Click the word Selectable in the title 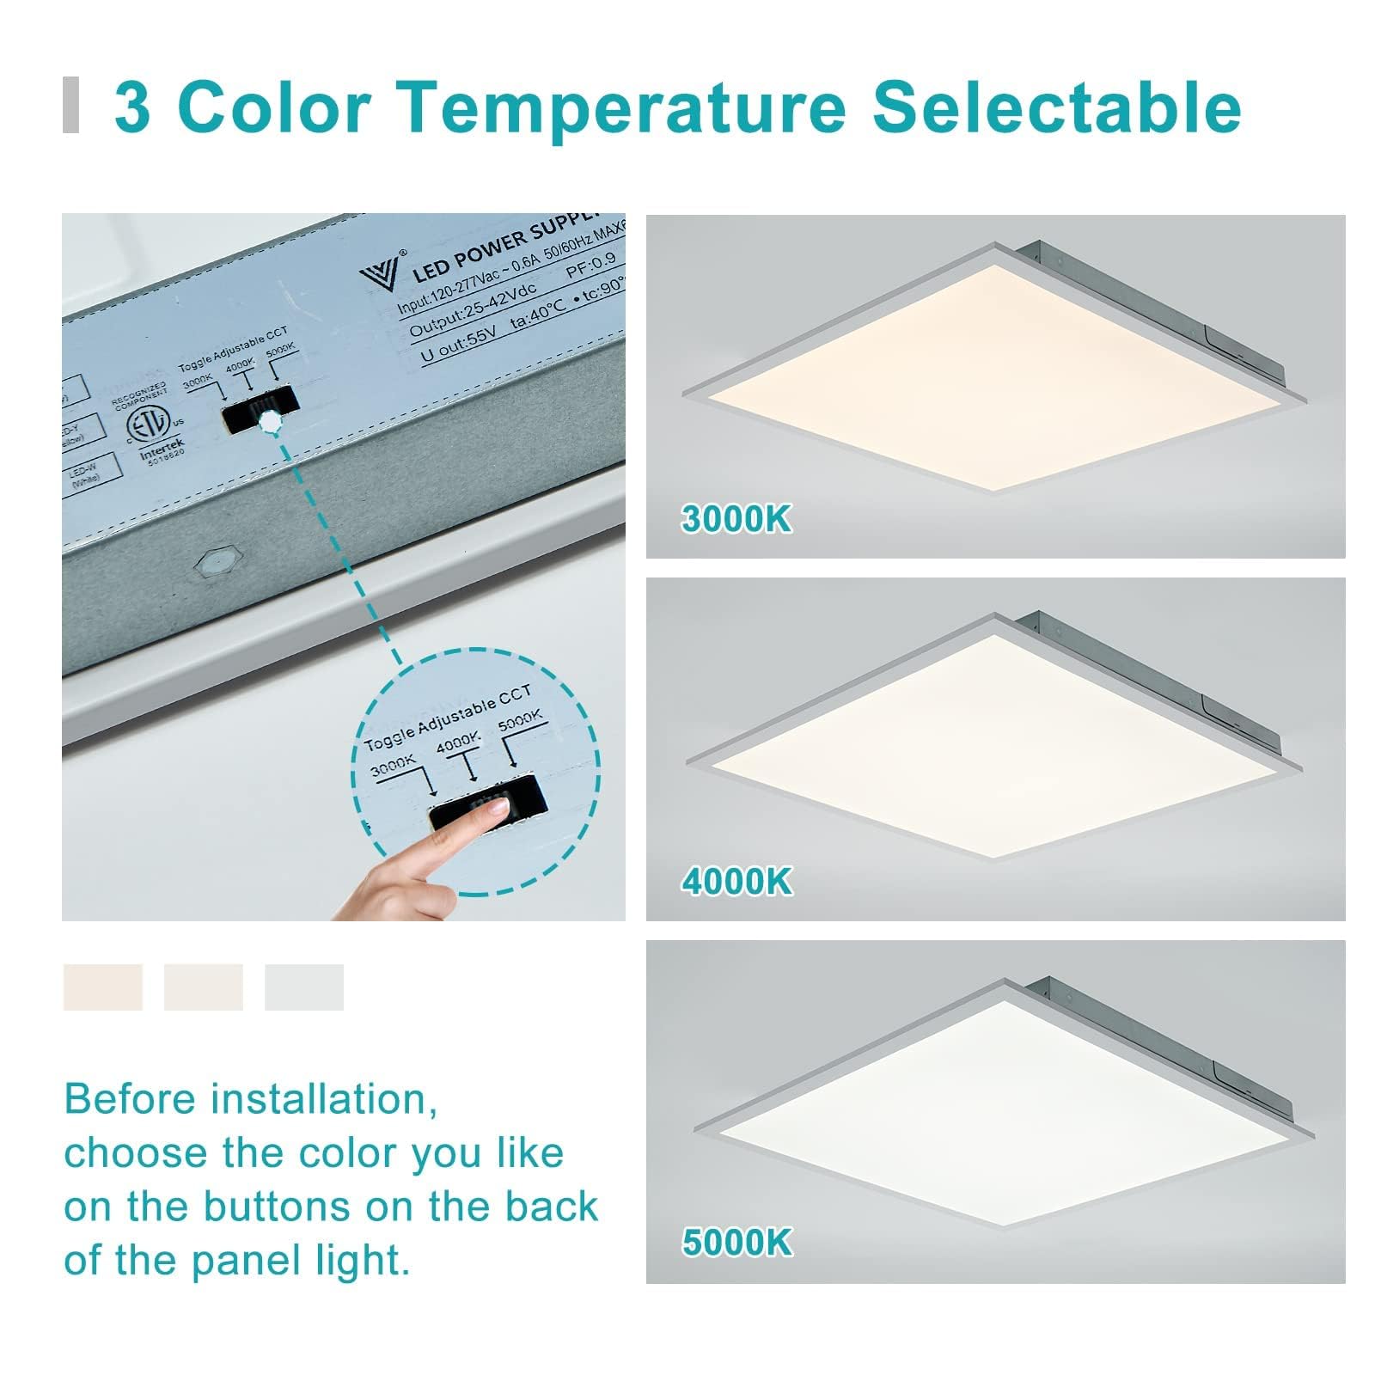click(1056, 107)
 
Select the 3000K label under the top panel click(736, 519)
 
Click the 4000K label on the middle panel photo click(736, 882)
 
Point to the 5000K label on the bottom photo click(736, 1243)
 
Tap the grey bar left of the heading click(71, 106)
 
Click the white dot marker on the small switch click(270, 422)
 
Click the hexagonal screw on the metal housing click(214, 564)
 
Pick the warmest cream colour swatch click(102, 987)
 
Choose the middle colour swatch click(203, 987)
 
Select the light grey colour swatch click(303, 987)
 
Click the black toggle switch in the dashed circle click(488, 803)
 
